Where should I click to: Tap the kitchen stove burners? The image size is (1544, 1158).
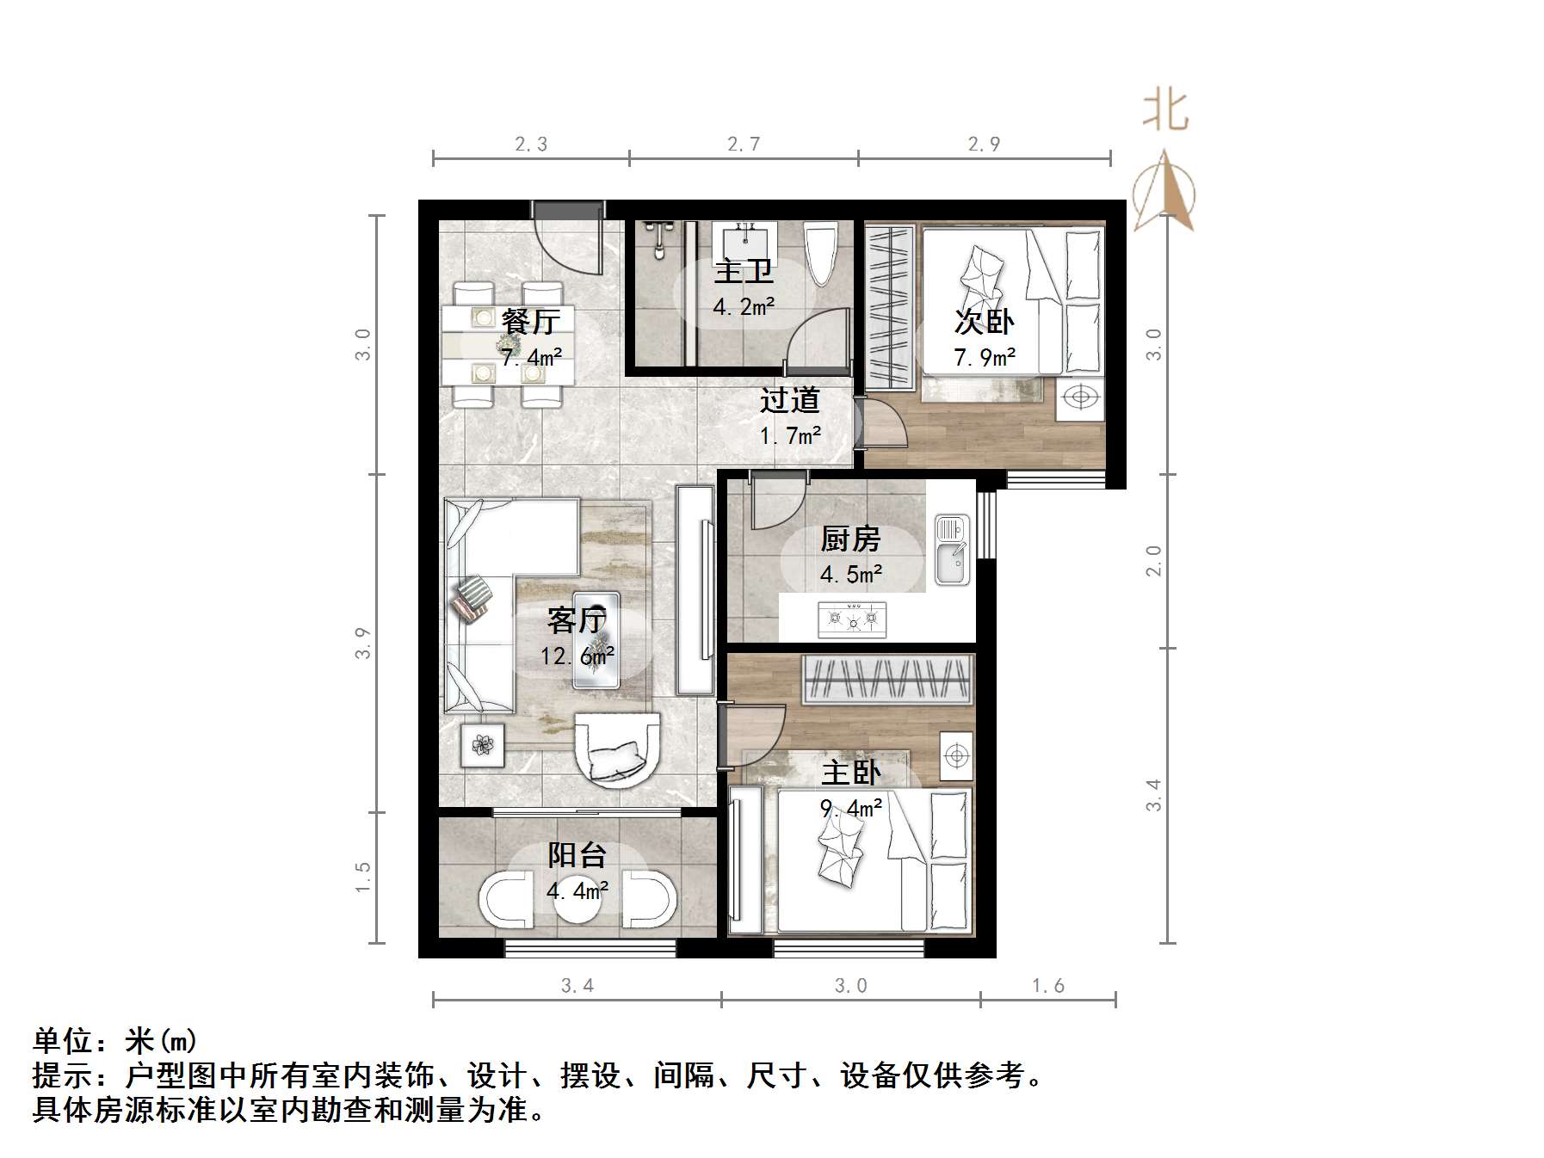tap(852, 618)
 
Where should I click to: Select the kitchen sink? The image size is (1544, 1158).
tap(952, 550)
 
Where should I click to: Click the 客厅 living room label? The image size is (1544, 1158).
tap(577, 619)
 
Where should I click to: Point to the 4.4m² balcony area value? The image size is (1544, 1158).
tap(577, 890)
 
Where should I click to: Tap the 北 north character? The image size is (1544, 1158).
tap(1165, 111)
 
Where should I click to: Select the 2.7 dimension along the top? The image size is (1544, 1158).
tap(744, 145)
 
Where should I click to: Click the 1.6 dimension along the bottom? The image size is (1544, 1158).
tap(1047, 986)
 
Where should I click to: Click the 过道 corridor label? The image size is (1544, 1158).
tap(789, 401)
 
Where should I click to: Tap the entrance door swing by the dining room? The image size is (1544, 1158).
tap(568, 245)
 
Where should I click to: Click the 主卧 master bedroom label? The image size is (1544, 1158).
tap(850, 772)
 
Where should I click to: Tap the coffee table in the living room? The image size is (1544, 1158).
tap(596, 639)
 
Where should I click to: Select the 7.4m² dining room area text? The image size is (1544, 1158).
tap(532, 357)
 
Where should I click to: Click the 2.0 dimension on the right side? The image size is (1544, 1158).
tap(1153, 561)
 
